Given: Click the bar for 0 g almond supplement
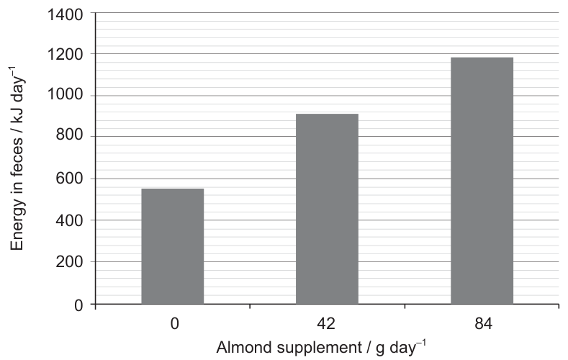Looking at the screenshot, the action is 173,246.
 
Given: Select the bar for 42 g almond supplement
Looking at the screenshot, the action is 327,209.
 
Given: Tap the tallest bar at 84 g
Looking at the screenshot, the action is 482,181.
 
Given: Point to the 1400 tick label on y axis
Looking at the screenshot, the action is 66,15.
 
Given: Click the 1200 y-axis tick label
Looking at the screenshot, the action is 66,54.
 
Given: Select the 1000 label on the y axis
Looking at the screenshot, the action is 66,94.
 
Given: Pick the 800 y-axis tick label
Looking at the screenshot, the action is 69,135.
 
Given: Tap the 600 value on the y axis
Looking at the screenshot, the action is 69,178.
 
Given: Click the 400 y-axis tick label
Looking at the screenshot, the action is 69,220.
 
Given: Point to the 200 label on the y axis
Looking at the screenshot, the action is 69,261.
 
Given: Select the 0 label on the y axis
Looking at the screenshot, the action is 78,305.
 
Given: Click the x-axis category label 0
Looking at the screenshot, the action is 175,323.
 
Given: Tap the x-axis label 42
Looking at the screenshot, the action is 326,323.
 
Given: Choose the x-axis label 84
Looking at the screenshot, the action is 483,323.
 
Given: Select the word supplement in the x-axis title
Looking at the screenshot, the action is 320,348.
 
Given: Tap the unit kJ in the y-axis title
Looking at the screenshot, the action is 17,115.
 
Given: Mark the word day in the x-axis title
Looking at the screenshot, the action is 403,348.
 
